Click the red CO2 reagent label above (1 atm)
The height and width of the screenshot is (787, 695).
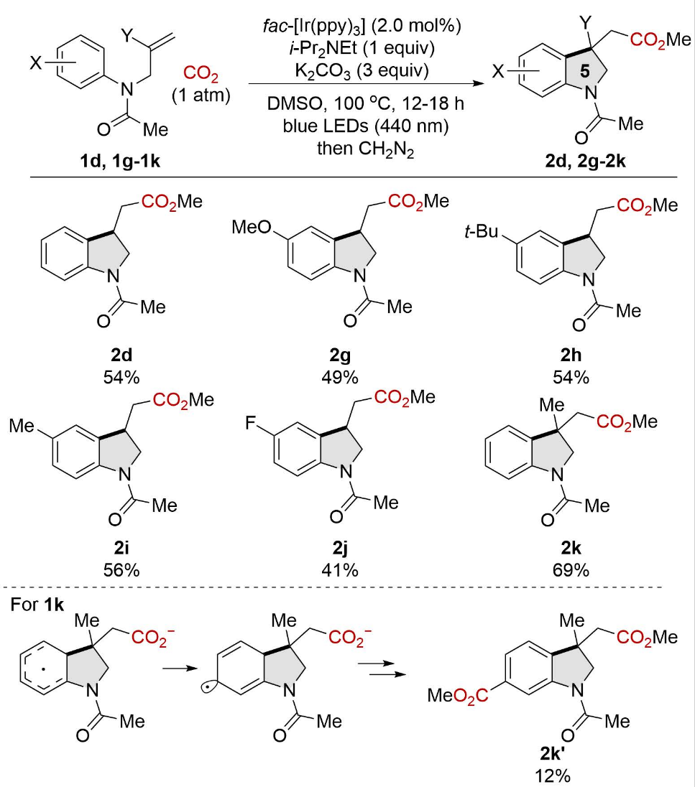(201, 74)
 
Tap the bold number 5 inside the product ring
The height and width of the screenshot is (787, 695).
(584, 71)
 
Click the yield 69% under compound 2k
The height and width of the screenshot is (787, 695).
(571, 570)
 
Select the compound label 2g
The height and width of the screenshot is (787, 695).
(340, 355)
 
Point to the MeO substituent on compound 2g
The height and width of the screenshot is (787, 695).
(251, 228)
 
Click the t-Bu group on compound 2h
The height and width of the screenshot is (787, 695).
(482, 231)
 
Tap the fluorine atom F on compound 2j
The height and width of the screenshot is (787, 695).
(251, 424)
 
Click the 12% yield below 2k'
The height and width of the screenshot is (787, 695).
(552, 776)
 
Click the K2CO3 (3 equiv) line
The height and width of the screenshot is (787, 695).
(362, 71)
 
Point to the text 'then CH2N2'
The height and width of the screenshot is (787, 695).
(365, 149)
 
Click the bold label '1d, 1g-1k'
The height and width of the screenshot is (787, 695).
(120, 161)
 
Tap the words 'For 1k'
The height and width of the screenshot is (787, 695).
(37, 605)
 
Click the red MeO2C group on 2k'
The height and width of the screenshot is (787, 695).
(457, 695)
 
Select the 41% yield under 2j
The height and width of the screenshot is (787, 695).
(340, 570)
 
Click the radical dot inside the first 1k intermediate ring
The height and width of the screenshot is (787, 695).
(44, 669)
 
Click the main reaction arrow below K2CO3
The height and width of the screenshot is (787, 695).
(367, 84)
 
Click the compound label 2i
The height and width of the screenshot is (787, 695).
(121, 548)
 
